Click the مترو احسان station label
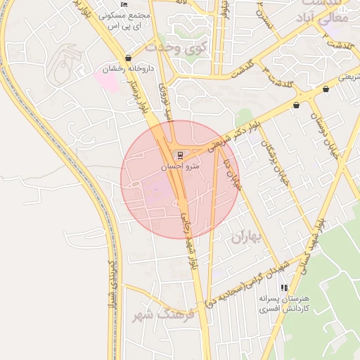coord(181,167)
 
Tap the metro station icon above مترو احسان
coord(181,155)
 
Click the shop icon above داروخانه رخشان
coord(127,58)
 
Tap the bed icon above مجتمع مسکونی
coord(124,5)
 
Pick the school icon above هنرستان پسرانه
coord(284,288)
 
